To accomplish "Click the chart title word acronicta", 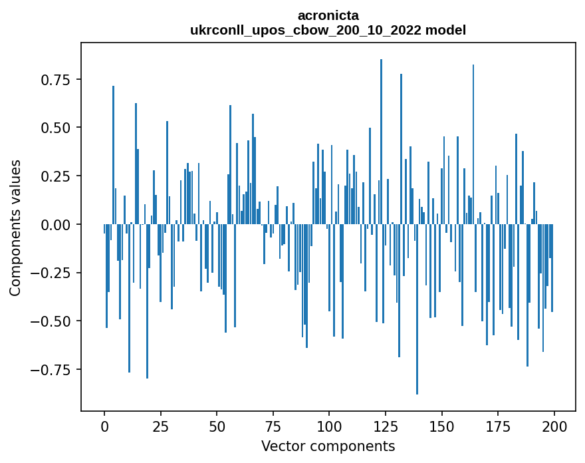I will click(x=328, y=15).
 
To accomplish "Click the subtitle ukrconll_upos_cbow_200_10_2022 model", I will click(x=328, y=30).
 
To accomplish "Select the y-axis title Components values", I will click(x=15, y=228).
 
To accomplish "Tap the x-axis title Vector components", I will click(x=328, y=446).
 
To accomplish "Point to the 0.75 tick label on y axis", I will click(x=51, y=80).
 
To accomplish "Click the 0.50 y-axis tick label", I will click(x=51, y=128).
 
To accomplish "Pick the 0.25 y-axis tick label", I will click(x=51, y=176).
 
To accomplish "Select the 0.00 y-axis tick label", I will click(x=51, y=225).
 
